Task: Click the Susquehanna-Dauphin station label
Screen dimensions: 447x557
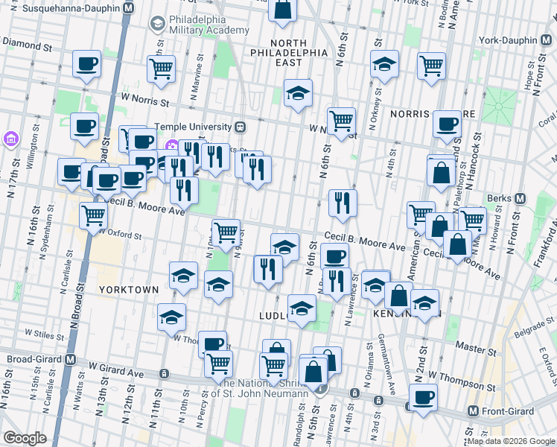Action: click(x=71, y=7)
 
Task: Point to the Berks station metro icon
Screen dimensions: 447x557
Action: click(x=520, y=198)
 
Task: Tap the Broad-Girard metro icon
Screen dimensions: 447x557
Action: click(x=71, y=359)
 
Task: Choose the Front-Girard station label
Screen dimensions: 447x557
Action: click(x=515, y=411)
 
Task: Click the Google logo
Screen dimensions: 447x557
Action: click(x=25, y=438)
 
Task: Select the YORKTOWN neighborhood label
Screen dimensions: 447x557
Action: click(x=129, y=289)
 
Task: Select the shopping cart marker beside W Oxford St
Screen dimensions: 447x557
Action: click(x=94, y=216)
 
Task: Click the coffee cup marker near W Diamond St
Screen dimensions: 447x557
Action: click(x=86, y=64)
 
